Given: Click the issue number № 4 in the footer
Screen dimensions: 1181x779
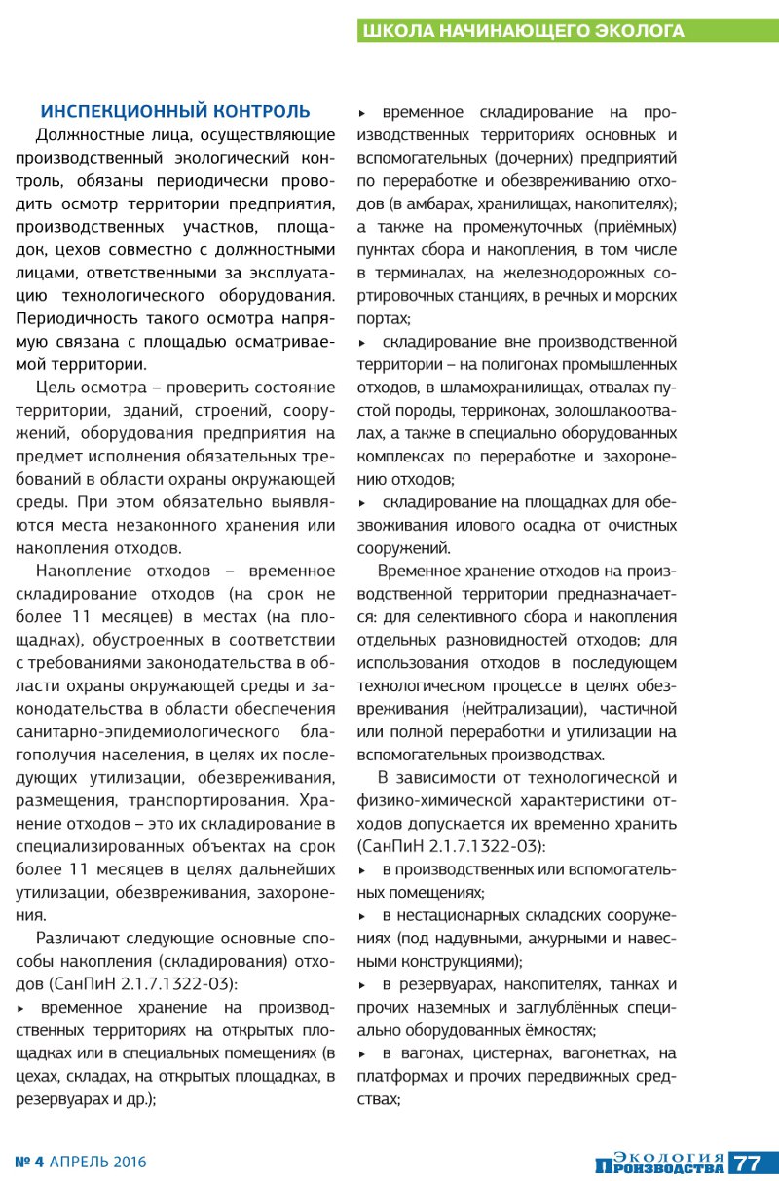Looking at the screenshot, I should (29, 1162).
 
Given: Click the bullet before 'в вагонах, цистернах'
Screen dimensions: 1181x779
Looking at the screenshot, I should (363, 1053).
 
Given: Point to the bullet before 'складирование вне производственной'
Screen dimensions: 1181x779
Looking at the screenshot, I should (363, 343).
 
